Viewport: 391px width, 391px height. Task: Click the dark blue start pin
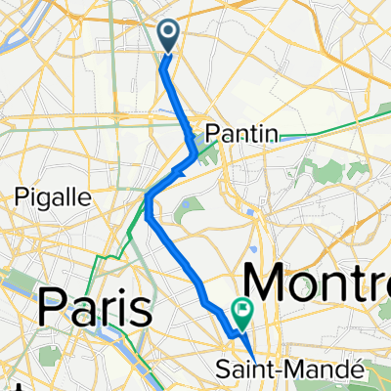coord(168,36)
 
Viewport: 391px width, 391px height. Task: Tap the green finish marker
coord(241,312)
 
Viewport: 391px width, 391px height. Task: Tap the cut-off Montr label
coord(318,283)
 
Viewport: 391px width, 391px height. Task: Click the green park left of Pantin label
coord(203,148)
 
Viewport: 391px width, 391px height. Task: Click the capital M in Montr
coord(269,283)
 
